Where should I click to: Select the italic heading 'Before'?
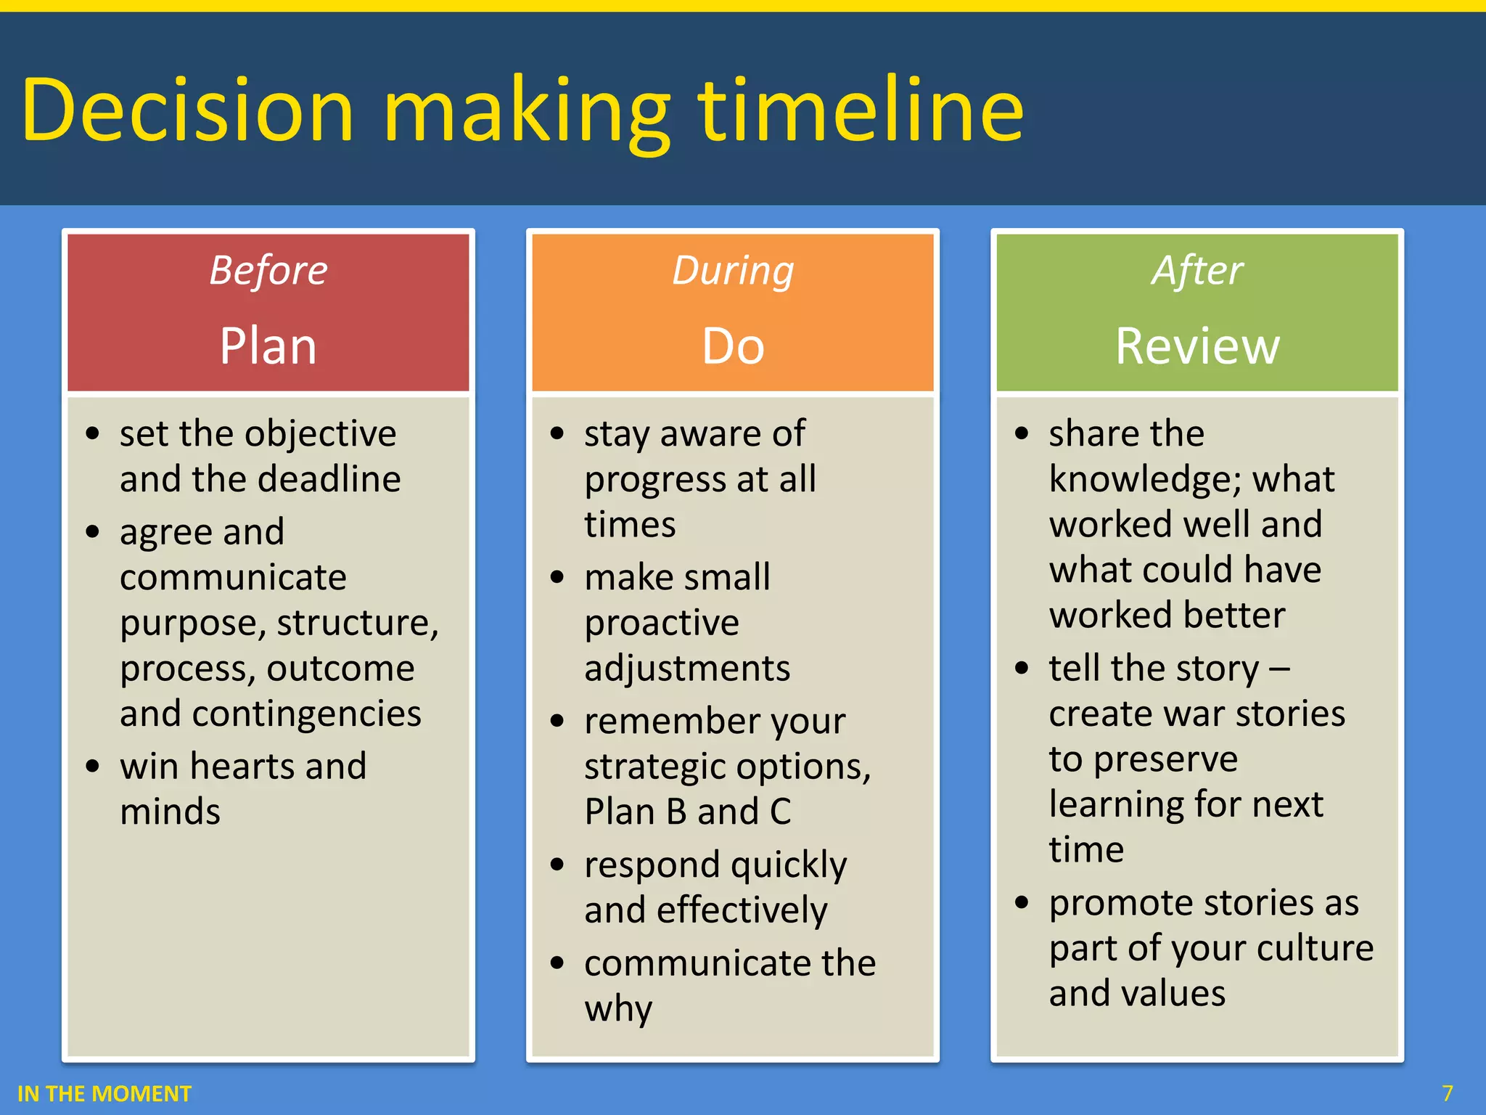click(x=268, y=270)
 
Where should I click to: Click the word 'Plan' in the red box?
click(x=268, y=346)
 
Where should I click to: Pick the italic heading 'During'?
click(x=732, y=270)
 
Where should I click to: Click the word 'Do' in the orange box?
click(x=732, y=346)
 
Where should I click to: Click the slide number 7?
click(x=1447, y=1093)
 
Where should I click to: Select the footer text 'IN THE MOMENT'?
click(x=104, y=1093)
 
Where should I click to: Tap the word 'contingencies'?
click(x=306, y=714)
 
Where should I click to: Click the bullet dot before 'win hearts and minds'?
click(x=92, y=767)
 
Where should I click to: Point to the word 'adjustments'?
click(x=686, y=668)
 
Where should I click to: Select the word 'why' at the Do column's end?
click(x=618, y=1009)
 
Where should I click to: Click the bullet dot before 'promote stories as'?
click(x=1022, y=903)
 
